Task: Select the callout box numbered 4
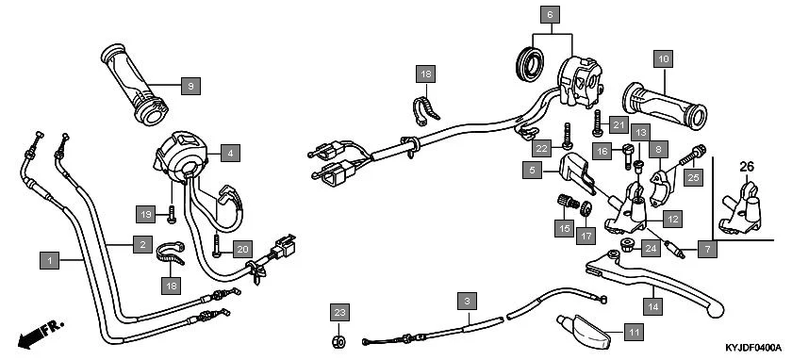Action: point(230,151)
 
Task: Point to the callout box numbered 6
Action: point(550,14)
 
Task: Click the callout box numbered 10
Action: point(664,59)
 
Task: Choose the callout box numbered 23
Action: point(339,312)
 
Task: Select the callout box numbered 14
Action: point(652,305)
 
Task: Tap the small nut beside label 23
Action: point(339,341)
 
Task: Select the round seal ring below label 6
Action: point(530,63)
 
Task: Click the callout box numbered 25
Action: point(693,176)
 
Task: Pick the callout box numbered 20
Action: point(241,249)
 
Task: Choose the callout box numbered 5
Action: point(533,170)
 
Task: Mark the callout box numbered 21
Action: point(619,125)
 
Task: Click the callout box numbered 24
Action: point(650,249)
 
